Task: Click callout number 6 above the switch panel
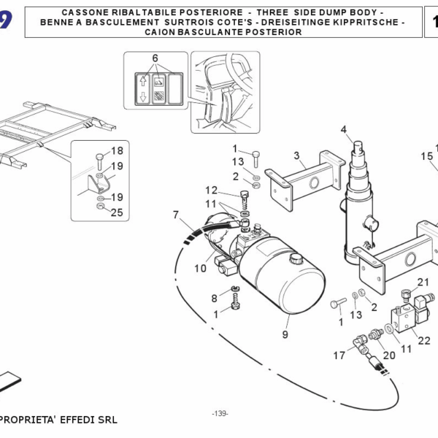coord(155,58)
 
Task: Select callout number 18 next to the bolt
coord(117,151)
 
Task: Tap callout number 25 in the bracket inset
coord(116,212)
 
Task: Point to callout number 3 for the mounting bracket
coord(297,155)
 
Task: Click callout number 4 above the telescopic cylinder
coord(343,130)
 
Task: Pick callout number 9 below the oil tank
coord(285,334)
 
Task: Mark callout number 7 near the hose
coord(176,215)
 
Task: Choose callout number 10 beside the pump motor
coord(200,268)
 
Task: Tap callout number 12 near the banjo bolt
coord(211,190)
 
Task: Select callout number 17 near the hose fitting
coord(339,356)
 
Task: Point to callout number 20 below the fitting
coord(388,356)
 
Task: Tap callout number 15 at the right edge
coord(427,155)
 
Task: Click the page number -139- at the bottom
coord(220,414)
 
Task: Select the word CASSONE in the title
coord(84,14)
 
